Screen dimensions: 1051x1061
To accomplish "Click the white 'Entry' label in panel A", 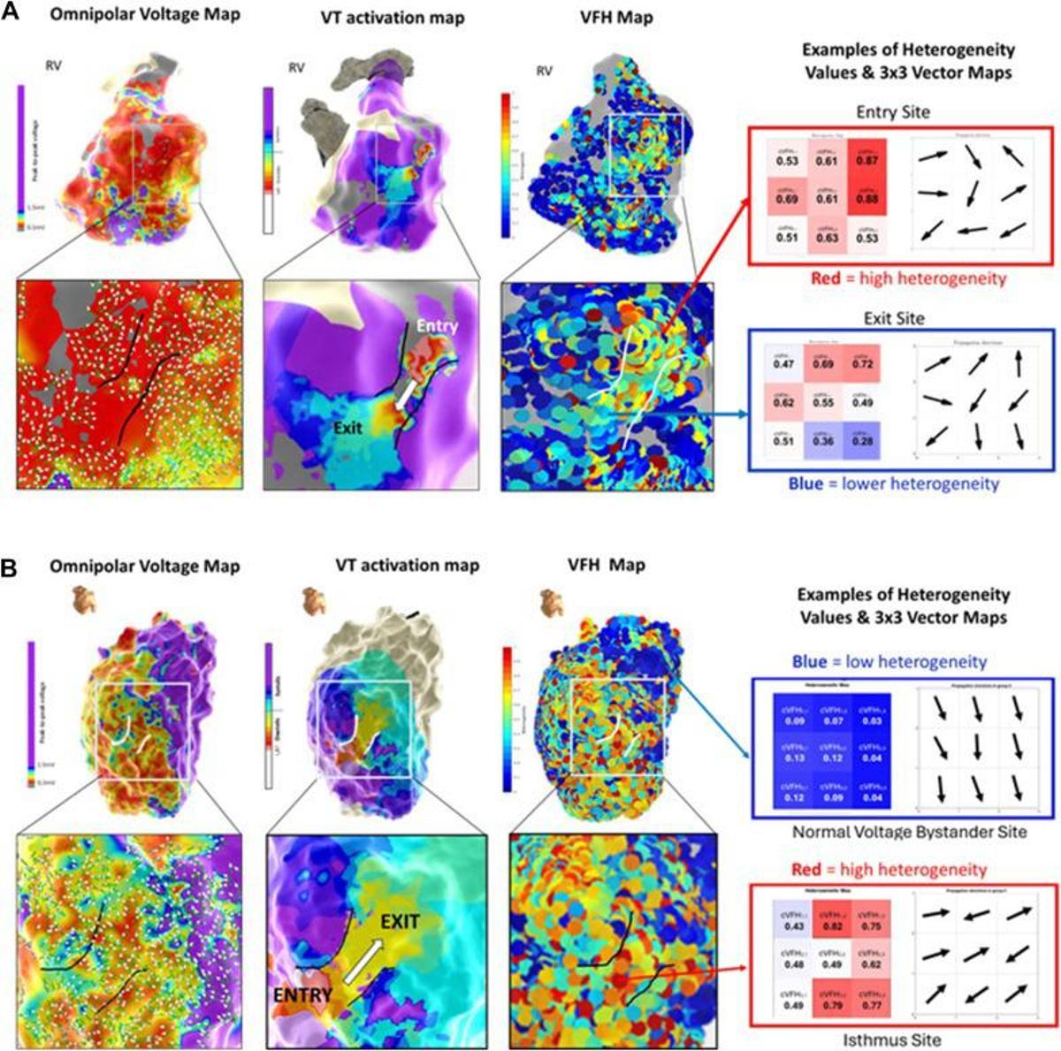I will click(439, 326).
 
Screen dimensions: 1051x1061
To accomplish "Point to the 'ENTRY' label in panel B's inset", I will click(302, 995).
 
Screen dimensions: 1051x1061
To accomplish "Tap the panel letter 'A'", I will click(12, 14).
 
